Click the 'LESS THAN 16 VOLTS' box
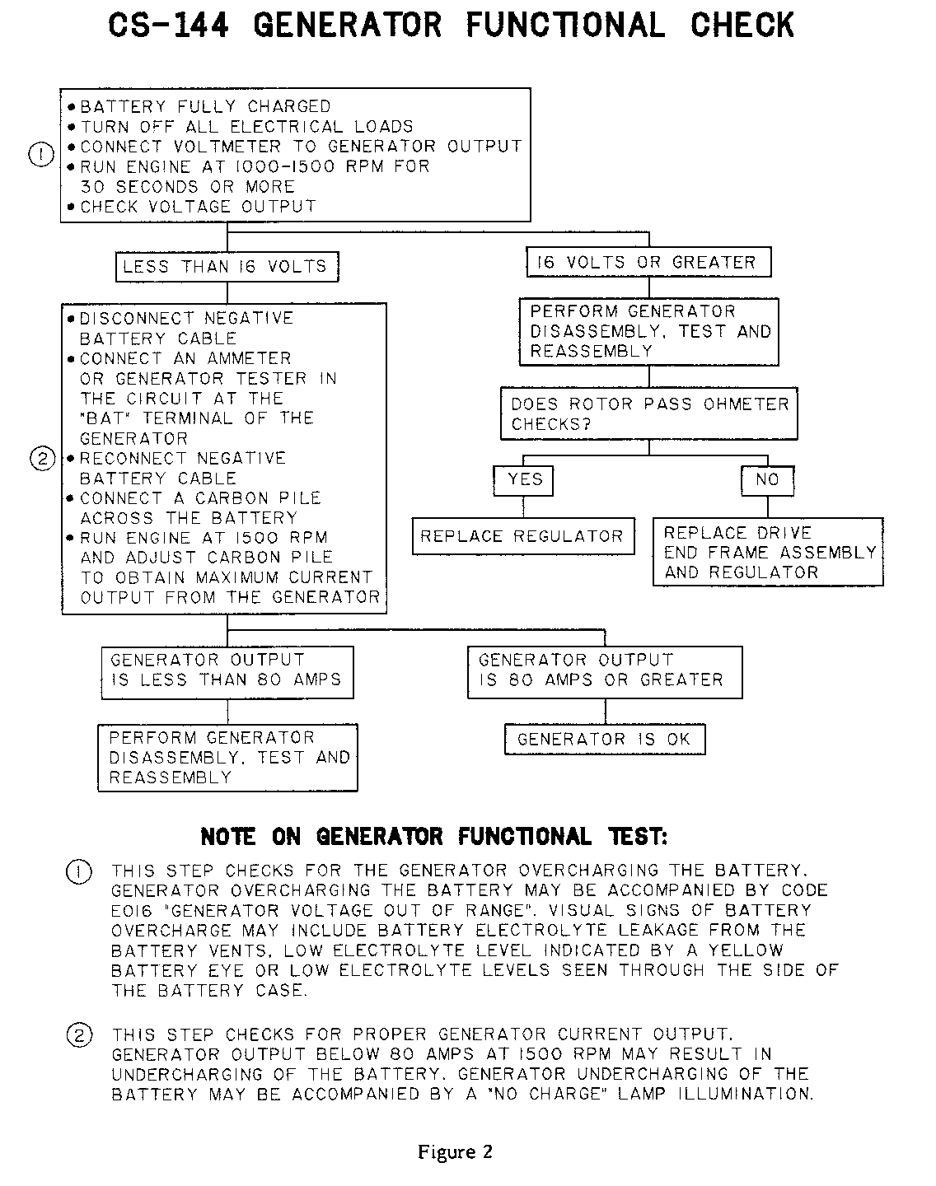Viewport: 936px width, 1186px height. [227, 267]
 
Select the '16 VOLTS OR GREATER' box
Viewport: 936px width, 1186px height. [648, 263]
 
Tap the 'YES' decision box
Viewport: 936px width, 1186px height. [524, 479]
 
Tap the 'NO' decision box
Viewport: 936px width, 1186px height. [767, 479]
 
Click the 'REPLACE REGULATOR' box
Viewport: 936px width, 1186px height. [522, 536]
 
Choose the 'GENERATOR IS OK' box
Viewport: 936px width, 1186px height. [605, 739]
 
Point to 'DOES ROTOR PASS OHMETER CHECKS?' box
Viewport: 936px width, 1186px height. [649, 413]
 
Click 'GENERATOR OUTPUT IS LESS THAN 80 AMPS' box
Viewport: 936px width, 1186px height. [227, 672]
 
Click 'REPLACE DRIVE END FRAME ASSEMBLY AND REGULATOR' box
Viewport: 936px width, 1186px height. [768, 553]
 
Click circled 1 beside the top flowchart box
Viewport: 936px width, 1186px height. [41, 154]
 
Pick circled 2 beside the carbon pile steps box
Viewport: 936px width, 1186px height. [41, 459]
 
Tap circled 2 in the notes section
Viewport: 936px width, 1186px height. [78, 1035]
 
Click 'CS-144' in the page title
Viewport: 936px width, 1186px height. [168, 26]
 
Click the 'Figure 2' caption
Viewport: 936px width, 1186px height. [455, 1151]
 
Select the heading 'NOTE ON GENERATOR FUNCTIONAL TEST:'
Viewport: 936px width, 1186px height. [434, 837]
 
